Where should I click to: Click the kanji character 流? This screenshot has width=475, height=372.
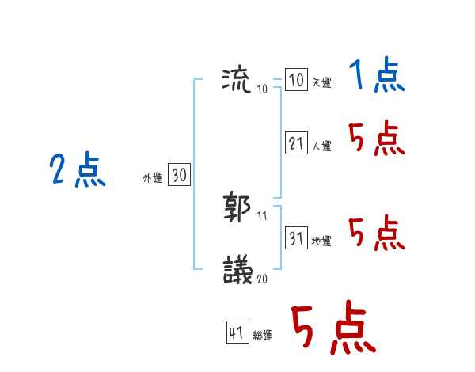[x=237, y=79]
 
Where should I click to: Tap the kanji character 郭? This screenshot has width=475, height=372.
[x=237, y=207]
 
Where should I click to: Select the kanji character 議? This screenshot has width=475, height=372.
[x=237, y=270]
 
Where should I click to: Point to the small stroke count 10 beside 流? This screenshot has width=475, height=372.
[x=262, y=89]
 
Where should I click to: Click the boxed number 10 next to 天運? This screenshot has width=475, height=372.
[x=296, y=80]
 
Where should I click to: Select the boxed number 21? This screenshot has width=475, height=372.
[x=296, y=143]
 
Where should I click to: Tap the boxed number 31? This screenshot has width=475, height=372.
[x=296, y=238]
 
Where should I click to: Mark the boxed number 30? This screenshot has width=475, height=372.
[x=179, y=176]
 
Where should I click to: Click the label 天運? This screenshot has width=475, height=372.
[x=321, y=83]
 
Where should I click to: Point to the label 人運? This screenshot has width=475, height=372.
[x=321, y=146]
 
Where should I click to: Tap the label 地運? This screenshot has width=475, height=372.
[x=321, y=241]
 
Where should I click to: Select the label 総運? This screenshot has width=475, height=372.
[x=262, y=336]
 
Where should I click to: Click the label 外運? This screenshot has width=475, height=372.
[x=153, y=179]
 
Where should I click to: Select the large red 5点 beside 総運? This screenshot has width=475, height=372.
[x=332, y=328]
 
